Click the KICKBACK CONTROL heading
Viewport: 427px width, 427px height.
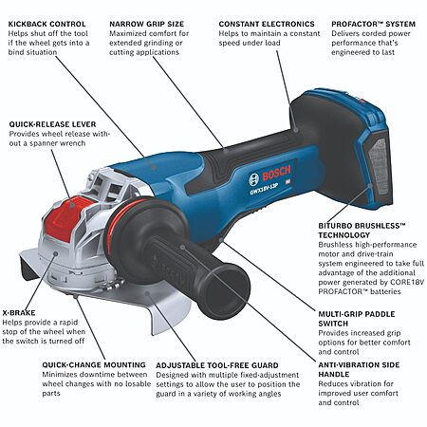[46, 24]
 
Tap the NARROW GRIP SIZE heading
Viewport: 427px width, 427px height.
[146, 24]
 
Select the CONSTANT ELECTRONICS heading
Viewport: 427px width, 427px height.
[267, 24]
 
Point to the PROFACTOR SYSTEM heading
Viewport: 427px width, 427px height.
[373, 24]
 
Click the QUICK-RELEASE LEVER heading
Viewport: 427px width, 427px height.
[52, 124]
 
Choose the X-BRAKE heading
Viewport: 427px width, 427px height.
[19, 313]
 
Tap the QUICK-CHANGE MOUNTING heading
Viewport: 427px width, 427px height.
[94, 365]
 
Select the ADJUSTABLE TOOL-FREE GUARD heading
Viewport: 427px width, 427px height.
[217, 365]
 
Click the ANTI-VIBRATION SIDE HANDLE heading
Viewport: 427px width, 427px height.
[359, 369]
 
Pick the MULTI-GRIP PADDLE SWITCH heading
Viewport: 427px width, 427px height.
[357, 319]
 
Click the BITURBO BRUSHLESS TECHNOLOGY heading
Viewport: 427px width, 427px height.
[362, 231]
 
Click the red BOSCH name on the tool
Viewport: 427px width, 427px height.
[276, 174]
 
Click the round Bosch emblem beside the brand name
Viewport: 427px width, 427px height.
[253, 179]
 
